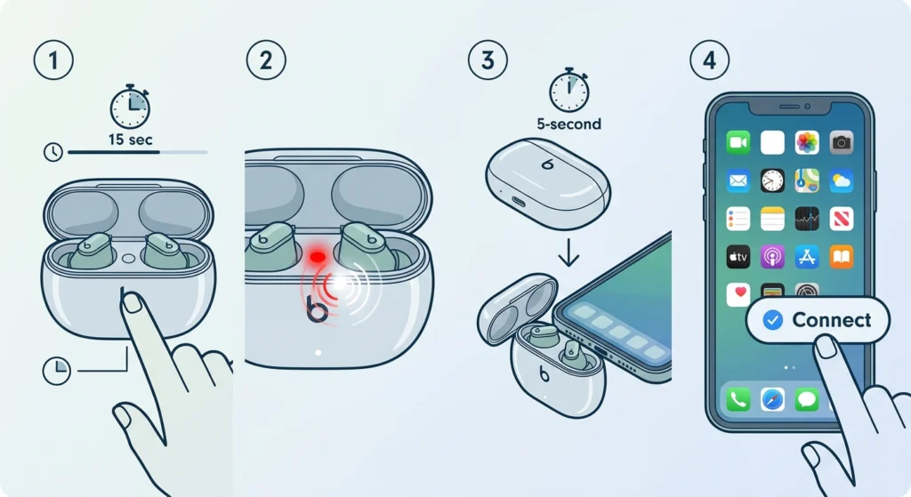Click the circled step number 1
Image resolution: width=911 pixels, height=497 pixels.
coord(53,60)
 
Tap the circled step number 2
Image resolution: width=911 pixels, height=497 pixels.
coord(266,60)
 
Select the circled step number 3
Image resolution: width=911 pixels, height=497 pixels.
coord(488,60)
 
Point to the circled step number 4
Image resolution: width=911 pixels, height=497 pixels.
coord(709,60)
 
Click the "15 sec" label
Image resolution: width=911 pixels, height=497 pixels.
coord(130,140)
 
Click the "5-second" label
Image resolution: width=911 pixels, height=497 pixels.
coord(568,124)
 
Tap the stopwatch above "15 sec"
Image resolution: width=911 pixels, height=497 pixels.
coord(130,107)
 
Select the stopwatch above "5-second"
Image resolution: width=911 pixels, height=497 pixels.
coord(568,90)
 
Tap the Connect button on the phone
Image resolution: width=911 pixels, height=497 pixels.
coord(818,320)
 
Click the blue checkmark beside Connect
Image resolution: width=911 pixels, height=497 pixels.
coord(772,320)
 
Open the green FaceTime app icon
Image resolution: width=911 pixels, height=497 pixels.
coord(738,142)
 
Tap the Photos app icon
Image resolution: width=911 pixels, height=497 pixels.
coord(807,142)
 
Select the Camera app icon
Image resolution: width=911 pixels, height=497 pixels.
coord(842,142)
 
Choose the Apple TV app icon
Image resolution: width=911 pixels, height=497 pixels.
coord(738,257)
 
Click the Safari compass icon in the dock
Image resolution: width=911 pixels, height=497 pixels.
coord(772,399)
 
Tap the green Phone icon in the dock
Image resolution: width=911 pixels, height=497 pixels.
coord(738,399)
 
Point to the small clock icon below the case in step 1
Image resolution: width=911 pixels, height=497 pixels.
coord(56,371)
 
